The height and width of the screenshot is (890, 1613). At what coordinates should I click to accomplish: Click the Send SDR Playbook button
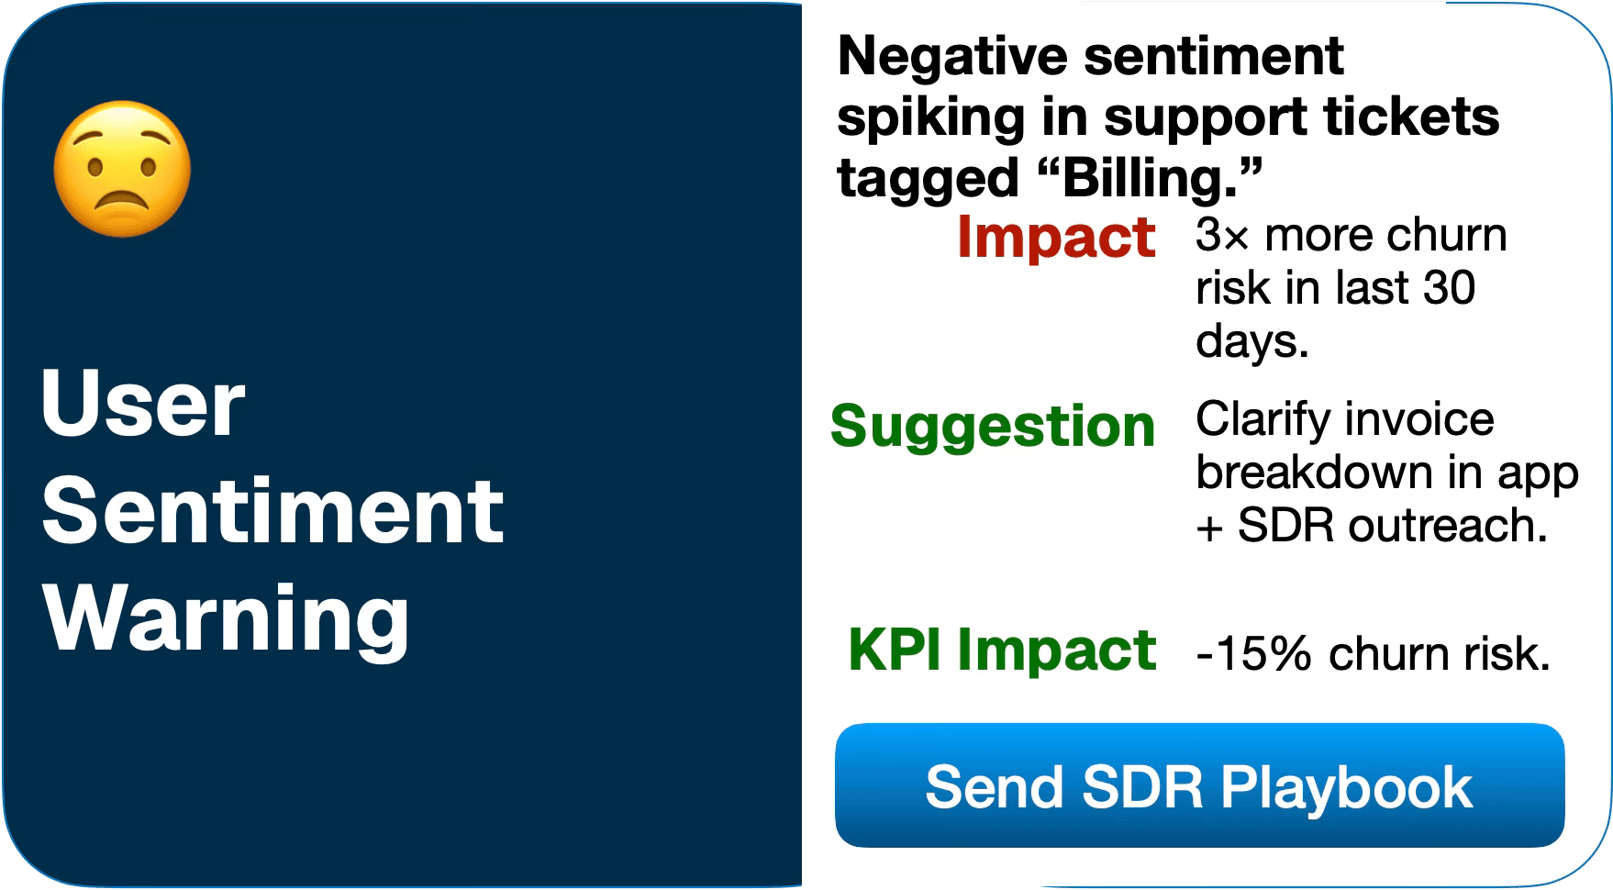(x=1199, y=785)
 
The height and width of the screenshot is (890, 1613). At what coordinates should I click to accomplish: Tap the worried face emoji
(x=122, y=169)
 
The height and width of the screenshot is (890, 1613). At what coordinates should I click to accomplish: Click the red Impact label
(x=1055, y=238)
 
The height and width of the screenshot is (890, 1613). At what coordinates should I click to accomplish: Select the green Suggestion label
(x=992, y=427)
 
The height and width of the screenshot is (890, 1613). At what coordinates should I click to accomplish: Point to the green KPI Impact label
(x=1001, y=651)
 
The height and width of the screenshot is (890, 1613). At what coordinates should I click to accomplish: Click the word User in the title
(x=143, y=404)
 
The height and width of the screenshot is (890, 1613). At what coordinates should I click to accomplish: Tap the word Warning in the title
(x=226, y=619)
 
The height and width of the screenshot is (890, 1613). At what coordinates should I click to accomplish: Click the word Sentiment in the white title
(x=273, y=511)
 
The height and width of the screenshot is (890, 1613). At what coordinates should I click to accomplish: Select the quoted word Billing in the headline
(x=1152, y=177)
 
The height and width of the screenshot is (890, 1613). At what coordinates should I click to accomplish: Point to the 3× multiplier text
(x=1222, y=236)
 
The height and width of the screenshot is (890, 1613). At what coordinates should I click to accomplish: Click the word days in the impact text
(x=1251, y=342)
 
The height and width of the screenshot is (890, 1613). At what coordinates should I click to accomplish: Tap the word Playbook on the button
(x=1345, y=788)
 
